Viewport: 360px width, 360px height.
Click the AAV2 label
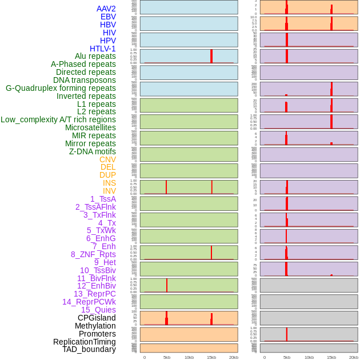[x=106, y=9]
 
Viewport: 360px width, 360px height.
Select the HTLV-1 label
[x=102, y=49]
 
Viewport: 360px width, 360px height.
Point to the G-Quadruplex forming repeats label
[x=61, y=88]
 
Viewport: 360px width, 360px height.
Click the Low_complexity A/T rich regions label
[x=58, y=119]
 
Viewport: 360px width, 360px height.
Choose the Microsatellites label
[x=90, y=127]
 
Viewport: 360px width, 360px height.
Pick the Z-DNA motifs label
[x=92, y=151]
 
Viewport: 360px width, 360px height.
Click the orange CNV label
[x=107, y=159]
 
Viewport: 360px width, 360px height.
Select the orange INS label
[x=109, y=183]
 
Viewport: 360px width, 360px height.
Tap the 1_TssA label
[x=103, y=199]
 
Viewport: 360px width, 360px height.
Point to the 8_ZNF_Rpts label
[x=93, y=254]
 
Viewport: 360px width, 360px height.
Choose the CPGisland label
[x=97, y=318]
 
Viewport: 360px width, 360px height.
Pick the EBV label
[x=108, y=17]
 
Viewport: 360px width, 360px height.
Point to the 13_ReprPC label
[x=94, y=294]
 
